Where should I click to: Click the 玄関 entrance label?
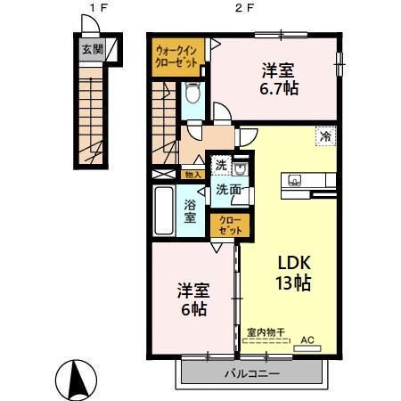pos(91,51)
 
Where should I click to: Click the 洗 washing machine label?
pos(219,166)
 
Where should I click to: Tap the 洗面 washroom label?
pos(226,190)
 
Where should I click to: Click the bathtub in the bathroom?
pos(165,210)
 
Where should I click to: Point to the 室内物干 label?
pos(266,332)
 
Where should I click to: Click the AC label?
pos(307,340)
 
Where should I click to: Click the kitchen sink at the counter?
pos(295,181)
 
